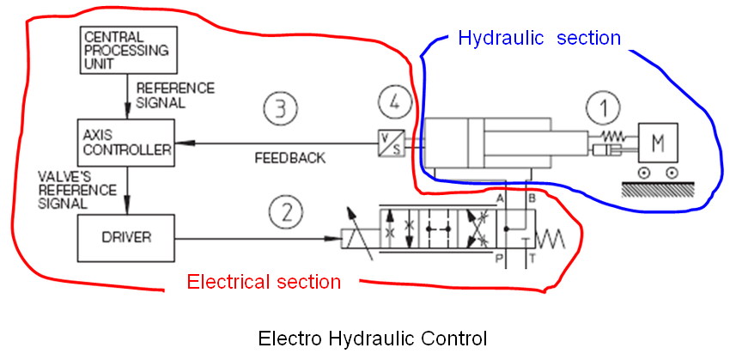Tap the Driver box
click(x=126, y=236)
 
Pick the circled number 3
click(x=280, y=107)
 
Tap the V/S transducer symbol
click(x=391, y=143)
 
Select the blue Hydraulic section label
click(x=538, y=38)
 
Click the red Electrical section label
click(x=264, y=282)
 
